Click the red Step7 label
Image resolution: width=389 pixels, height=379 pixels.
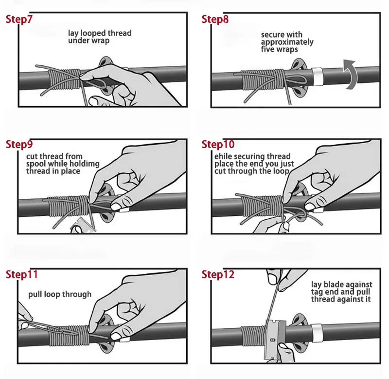pyautogui.click(x=19, y=19)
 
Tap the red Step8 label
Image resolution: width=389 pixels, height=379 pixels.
pyautogui.click(x=215, y=19)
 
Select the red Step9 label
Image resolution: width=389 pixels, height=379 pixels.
pyautogui.click(x=19, y=144)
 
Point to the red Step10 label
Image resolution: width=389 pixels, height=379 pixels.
pyautogui.click(x=218, y=144)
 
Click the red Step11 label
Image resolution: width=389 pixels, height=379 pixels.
pyautogui.click(x=22, y=275)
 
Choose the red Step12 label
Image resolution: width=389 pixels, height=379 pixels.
pyautogui.click(x=218, y=275)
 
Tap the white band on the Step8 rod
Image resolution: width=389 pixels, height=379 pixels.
pyautogui.click(x=317, y=76)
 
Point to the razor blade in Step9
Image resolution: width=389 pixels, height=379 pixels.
pyautogui.click(x=82, y=226)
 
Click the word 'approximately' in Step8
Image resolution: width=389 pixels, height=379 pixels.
pyautogui.click(x=287, y=42)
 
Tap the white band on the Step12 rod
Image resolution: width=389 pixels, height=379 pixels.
pyautogui.click(x=317, y=333)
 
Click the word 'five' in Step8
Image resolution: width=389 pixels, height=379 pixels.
pyautogui.click(x=267, y=49)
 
